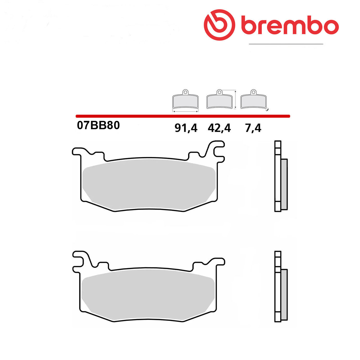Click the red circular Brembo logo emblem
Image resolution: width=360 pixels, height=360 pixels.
[x=219, y=25]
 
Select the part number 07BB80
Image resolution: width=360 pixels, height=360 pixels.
[x=98, y=125]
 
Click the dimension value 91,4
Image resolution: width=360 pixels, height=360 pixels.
[x=186, y=128]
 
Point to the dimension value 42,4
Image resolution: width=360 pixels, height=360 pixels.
[x=219, y=128]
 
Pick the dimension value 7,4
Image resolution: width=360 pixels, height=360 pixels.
[x=253, y=128]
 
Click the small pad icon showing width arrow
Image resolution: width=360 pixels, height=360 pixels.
[x=185, y=101]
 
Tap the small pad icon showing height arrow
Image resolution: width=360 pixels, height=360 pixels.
[x=222, y=99]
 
